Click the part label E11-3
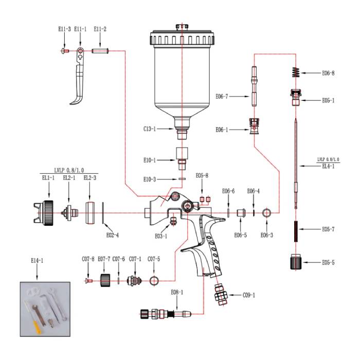click(63, 30)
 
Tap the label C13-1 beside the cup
click(150, 129)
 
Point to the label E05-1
click(328, 100)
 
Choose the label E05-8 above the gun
click(202, 176)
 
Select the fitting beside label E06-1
click(253, 125)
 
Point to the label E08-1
click(177, 292)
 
